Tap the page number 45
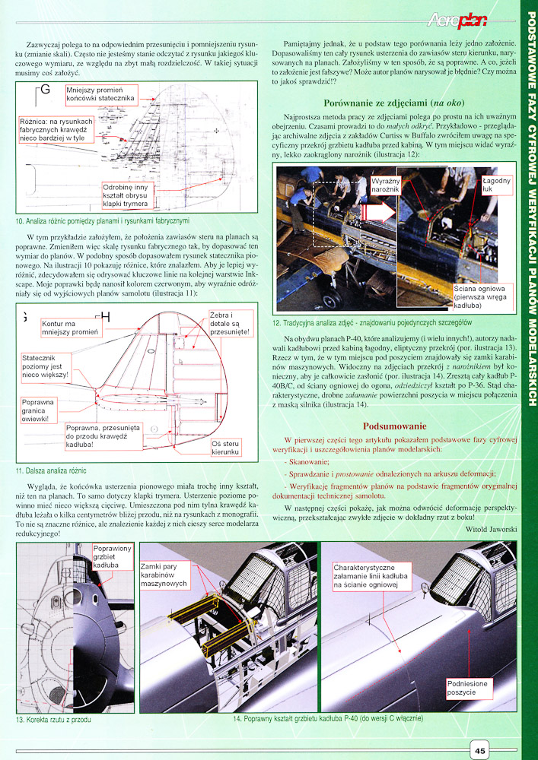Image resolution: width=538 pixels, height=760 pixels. pos(480,751)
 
